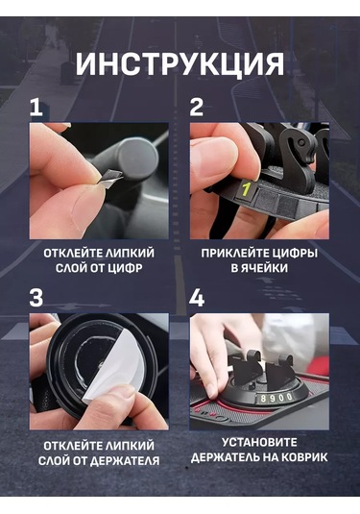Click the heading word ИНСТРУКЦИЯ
coord(180,64)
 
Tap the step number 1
coord(36,108)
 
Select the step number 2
coord(197,108)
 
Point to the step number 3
coord(36,298)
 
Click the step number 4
coord(197,298)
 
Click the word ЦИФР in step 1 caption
coord(126,268)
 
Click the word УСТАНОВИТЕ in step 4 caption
coord(259,443)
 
